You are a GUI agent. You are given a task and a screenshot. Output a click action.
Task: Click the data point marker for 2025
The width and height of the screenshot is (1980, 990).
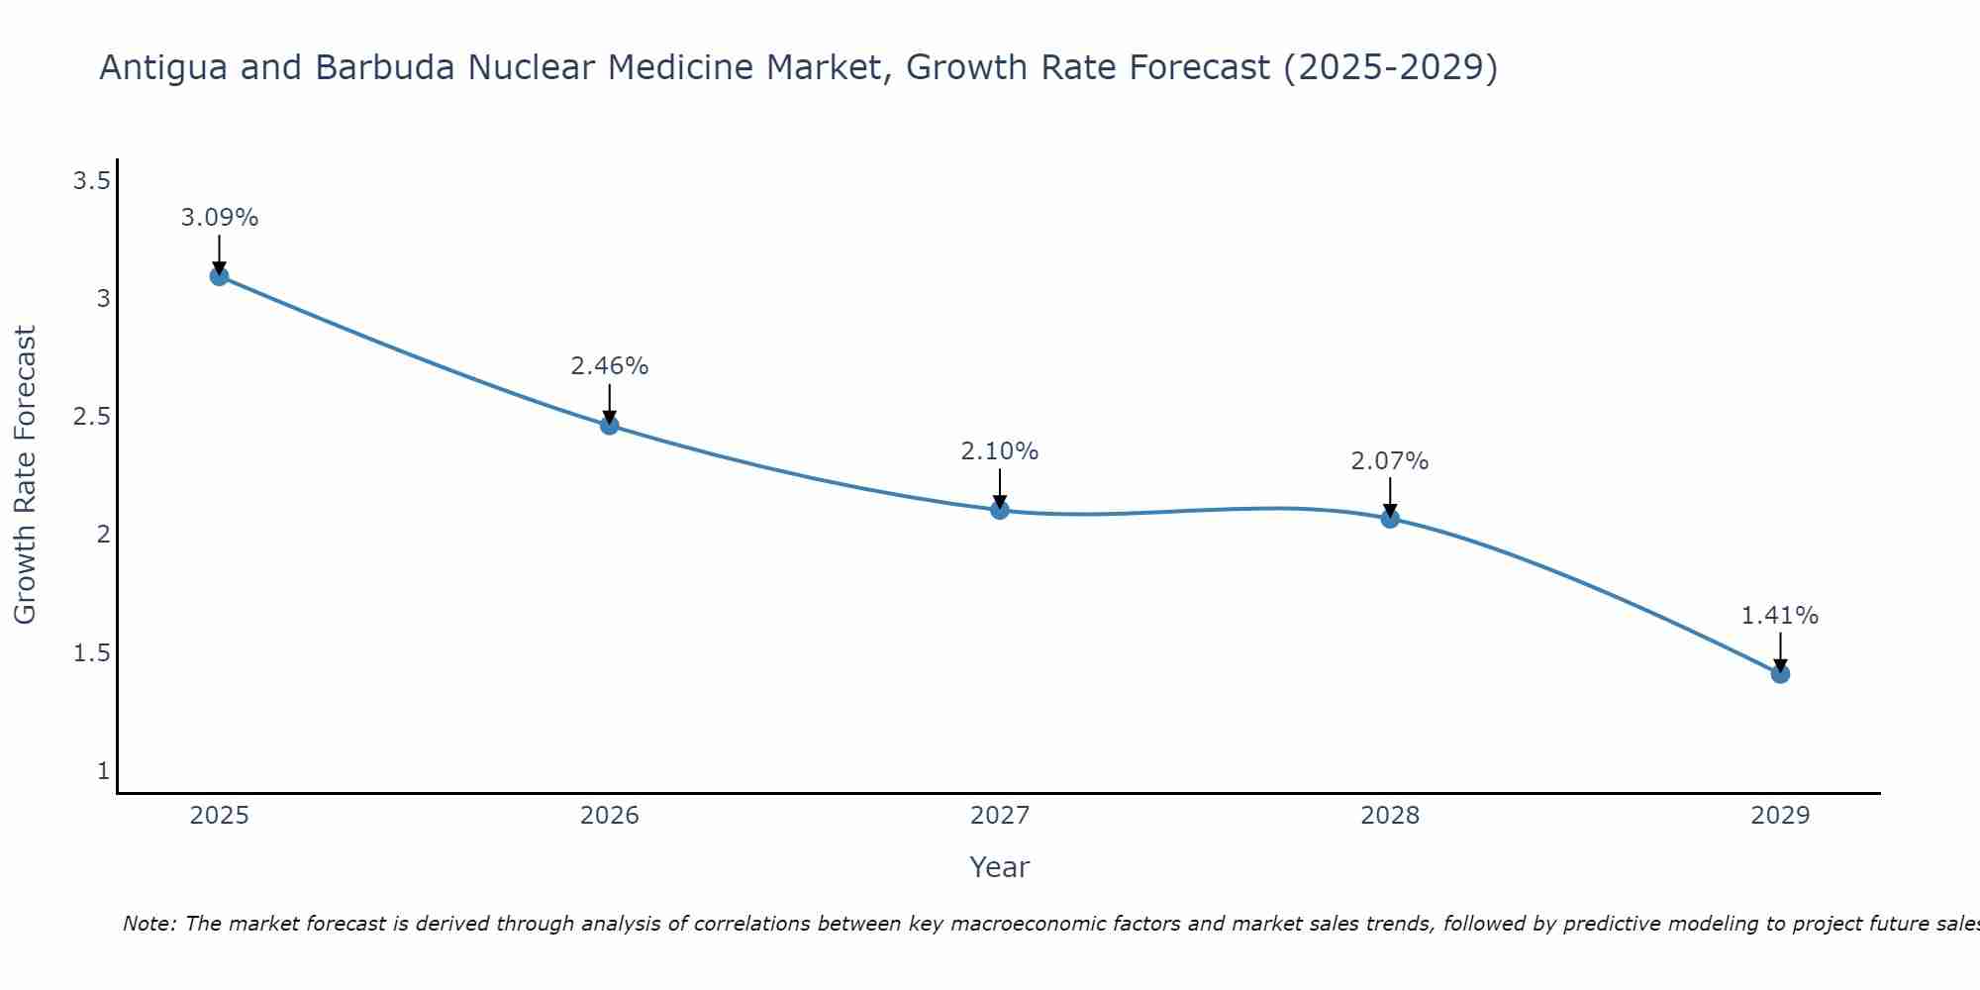[220, 276]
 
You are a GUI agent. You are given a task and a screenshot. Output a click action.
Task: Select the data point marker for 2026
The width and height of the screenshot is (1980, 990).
[610, 426]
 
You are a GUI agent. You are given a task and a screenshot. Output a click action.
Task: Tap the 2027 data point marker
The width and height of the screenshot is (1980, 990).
[1000, 510]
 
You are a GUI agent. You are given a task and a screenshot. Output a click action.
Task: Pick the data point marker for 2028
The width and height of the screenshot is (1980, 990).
[1390, 518]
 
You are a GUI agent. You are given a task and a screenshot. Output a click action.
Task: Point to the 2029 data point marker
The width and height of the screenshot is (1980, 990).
[1780, 674]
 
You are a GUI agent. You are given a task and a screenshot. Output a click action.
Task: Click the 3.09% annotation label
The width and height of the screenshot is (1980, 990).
[220, 218]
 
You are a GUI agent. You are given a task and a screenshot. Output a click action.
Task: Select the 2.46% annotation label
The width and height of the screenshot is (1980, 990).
[610, 366]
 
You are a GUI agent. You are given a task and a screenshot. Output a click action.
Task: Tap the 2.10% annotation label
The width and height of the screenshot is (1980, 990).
[1000, 451]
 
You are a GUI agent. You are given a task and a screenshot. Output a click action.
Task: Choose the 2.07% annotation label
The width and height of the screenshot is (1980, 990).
[1390, 461]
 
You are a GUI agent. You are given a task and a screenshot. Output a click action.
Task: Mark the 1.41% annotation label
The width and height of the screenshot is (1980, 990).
[1780, 616]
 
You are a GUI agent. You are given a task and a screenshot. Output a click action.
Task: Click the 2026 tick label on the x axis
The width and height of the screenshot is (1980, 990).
[610, 816]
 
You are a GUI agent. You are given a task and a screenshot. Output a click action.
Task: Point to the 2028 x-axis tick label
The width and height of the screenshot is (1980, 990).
[1390, 816]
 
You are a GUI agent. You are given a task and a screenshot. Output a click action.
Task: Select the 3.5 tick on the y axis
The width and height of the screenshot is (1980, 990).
[91, 180]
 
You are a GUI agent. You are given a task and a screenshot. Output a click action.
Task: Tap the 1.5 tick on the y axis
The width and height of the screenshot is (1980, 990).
[91, 653]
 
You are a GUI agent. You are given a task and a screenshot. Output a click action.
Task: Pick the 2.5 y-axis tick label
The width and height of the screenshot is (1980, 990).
[91, 417]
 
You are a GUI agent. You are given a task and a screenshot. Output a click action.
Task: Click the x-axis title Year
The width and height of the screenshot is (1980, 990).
[1000, 867]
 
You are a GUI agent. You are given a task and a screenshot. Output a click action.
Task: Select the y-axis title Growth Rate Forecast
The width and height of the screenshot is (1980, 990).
[25, 475]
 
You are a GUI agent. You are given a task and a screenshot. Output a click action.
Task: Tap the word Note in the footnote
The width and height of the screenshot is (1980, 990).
[148, 924]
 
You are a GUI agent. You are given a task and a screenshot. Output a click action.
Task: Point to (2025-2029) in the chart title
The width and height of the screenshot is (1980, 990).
[1390, 67]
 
